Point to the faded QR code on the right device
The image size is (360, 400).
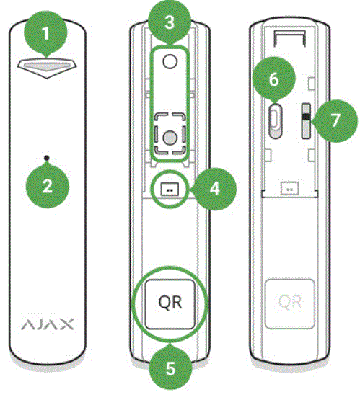[291, 300]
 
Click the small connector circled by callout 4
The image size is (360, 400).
[170, 190]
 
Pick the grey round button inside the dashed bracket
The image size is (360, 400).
[169, 135]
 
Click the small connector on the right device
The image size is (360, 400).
[291, 190]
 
